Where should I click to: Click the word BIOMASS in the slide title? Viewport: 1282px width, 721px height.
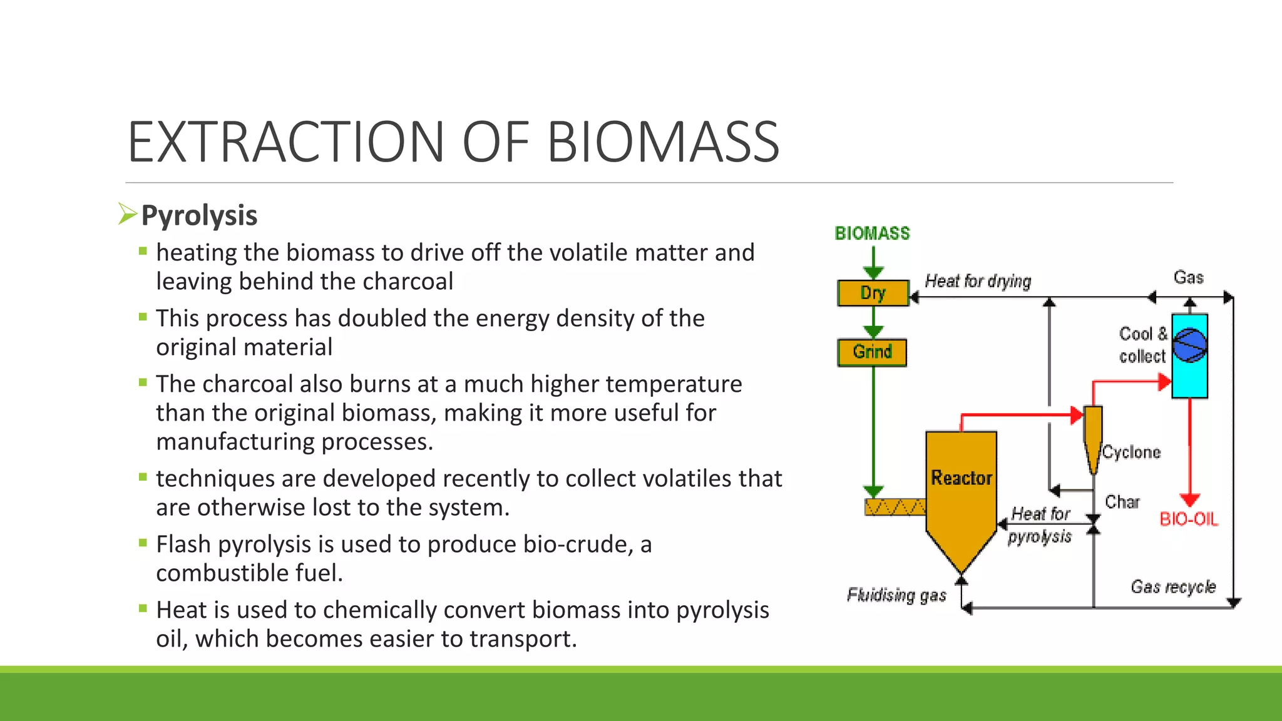(664, 143)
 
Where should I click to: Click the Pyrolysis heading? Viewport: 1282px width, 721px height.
(199, 215)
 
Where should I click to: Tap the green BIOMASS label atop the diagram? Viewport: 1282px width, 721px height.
(872, 233)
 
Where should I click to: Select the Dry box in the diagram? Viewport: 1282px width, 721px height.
(873, 293)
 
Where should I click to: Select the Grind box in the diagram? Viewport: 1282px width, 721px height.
(872, 352)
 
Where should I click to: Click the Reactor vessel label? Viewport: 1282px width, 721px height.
(961, 478)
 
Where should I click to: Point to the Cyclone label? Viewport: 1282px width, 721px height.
(1131, 452)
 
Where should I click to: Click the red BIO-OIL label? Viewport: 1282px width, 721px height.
(1189, 519)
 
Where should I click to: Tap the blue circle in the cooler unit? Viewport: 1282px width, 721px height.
(1189, 345)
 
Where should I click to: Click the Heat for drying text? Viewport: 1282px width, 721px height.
(978, 282)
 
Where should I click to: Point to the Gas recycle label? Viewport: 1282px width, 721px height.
(1172, 587)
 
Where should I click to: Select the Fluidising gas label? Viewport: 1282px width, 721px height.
(896, 595)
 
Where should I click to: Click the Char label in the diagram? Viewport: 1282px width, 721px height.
(1122, 502)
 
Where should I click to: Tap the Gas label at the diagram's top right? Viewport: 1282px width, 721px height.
(1188, 277)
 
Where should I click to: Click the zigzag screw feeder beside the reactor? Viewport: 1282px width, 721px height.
(895, 507)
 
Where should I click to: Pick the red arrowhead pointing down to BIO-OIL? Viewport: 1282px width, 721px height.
(1189, 499)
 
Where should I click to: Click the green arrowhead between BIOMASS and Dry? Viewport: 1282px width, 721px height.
(873, 272)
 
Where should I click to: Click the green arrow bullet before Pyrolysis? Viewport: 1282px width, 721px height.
(127, 214)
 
